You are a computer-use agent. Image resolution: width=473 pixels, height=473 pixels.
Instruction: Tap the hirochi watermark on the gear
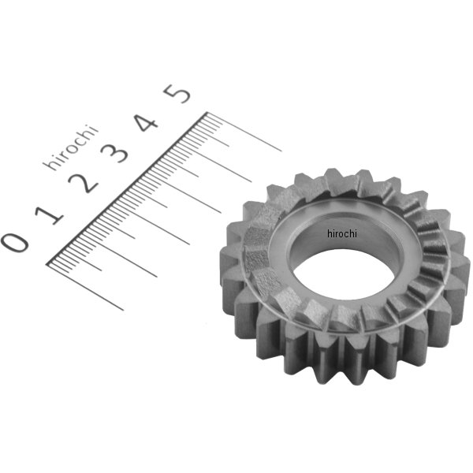[x=342, y=233]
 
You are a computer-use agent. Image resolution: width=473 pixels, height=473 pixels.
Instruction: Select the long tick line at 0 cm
[x=87, y=284]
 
